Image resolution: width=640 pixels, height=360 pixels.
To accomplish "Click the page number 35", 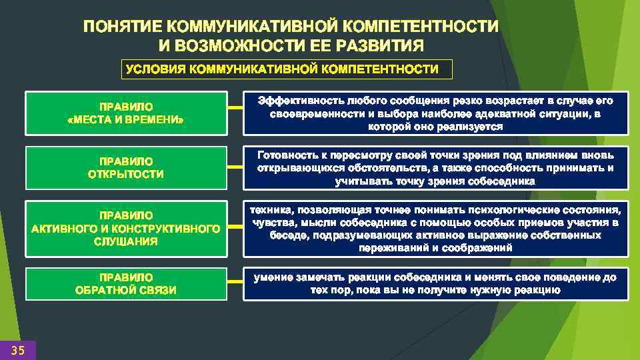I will (18, 351).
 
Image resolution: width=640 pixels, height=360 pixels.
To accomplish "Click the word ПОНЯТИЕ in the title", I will (123, 27).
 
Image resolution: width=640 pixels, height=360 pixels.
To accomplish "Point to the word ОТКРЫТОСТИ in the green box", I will (126, 175).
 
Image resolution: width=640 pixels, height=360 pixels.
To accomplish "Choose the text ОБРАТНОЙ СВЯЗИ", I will (126, 290).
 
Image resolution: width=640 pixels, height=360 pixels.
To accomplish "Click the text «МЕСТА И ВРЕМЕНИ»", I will (126, 120).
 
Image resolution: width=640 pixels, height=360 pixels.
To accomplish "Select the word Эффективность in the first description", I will (299, 101).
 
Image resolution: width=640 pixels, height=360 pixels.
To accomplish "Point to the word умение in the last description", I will (270, 277).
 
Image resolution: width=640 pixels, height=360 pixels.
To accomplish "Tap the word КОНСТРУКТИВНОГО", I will (169, 229).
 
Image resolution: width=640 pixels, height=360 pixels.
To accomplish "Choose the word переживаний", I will (392, 248).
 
